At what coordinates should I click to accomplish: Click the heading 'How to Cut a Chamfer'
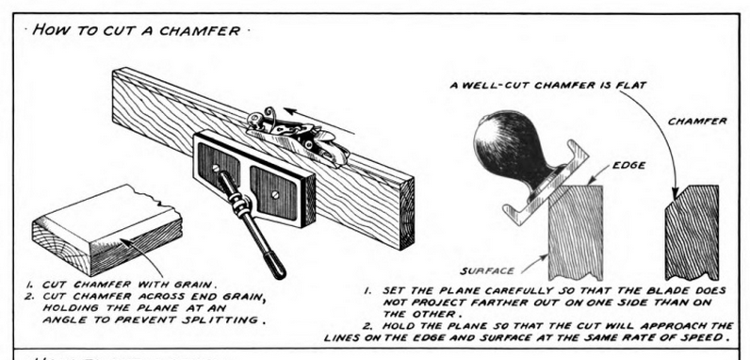(x=137, y=31)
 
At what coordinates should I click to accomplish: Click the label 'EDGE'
(x=628, y=166)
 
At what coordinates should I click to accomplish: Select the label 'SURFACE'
(x=487, y=271)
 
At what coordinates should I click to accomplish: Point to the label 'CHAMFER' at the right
(x=697, y=122)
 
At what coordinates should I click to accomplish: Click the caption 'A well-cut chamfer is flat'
(x=548, y=86)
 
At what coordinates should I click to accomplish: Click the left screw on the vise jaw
(x=216, y=168)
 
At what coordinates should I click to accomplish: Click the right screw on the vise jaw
(x=275, y=195)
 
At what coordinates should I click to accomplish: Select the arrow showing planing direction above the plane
(x=319, y=122)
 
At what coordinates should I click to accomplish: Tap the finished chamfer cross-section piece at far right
(x=693, y=233)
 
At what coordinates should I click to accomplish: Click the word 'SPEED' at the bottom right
(x=703, y=337)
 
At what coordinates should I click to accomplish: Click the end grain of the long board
(x=407, y=213)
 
